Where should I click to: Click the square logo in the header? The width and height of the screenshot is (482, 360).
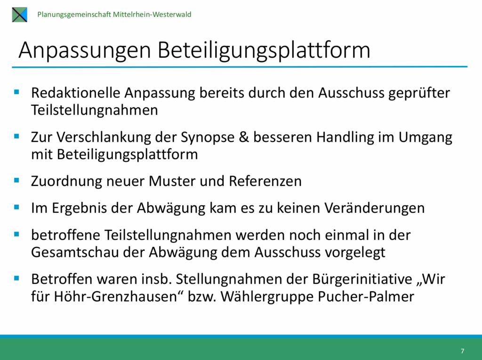coord(20,15)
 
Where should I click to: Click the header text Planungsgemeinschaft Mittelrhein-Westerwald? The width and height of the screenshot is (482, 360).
coord(114,15)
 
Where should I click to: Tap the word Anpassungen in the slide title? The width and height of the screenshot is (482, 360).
coord(85,50)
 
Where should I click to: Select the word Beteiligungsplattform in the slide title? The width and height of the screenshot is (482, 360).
coord(264,50)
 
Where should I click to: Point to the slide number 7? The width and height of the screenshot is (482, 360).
coord(462,351)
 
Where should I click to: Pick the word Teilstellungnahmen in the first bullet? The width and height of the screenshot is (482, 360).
coord(94,110)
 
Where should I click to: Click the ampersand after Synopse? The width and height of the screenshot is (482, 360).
coord(244,137)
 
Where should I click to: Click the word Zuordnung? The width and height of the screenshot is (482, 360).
coord(67,181)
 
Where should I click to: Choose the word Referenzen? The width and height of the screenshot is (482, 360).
coord(265,181)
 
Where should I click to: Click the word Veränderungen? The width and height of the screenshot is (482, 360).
coord(374,208)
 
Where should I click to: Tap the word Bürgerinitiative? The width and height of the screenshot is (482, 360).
coord(362,279)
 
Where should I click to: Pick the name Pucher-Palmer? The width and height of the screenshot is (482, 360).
coord(366,296)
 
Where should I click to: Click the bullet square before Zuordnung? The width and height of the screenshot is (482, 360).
coord(16,180)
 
